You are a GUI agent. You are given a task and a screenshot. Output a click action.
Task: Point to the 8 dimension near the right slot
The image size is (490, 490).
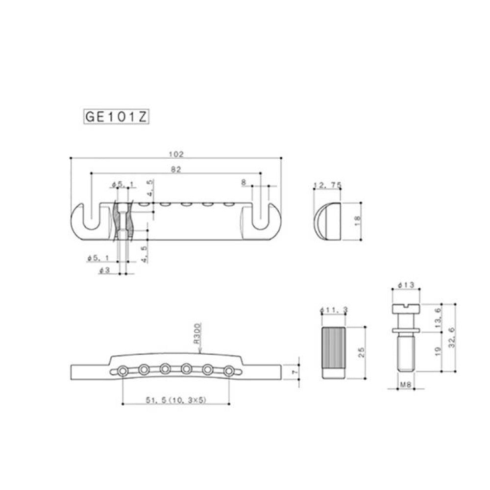coord(244,181)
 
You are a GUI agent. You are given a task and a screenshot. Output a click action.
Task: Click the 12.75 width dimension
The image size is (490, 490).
coord(327,185)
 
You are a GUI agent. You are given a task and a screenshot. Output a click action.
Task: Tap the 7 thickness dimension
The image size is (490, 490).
coord(294,373)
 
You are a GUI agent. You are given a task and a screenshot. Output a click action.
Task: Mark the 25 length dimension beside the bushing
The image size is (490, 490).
coord(361,352)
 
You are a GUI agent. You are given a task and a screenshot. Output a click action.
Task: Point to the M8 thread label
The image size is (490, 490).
coord(405,386)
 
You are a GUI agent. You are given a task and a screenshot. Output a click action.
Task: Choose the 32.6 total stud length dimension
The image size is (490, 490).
coord(451,338)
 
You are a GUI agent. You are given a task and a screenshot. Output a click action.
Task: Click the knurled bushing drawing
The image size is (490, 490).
coord(334,351)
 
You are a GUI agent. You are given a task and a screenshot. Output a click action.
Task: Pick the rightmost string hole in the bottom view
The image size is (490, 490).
coord(228,371)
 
